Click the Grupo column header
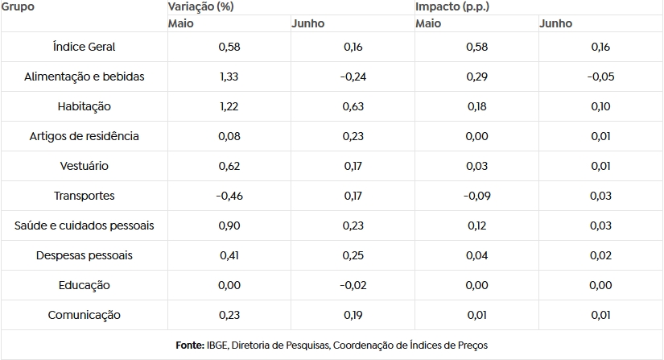[x=18, y=6]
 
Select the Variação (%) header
[x=200, y=6]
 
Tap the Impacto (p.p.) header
[x=452, y=6]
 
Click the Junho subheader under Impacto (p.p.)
[x=555, y=23]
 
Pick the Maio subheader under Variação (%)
[x=181, y=23]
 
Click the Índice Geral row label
[x=84, y=47]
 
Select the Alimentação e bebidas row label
[x=84, y=77]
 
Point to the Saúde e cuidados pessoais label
[x=84, y=226]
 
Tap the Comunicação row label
[x=84, y=315]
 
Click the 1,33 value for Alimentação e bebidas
[x=229, y=77]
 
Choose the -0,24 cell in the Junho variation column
[x=353, y=77]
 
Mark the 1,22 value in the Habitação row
[x=229, y=106]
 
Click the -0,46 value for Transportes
[x=229, y=196]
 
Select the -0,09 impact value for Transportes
[x=476, y=196]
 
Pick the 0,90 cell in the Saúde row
[x=229, y=226]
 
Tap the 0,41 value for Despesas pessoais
[x=229, y=255]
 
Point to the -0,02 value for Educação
[x=353, y=285]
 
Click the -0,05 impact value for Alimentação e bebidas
[x=600, y=77]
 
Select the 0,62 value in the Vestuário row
[x=229, y=166]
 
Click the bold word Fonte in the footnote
[x=190, y=346]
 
